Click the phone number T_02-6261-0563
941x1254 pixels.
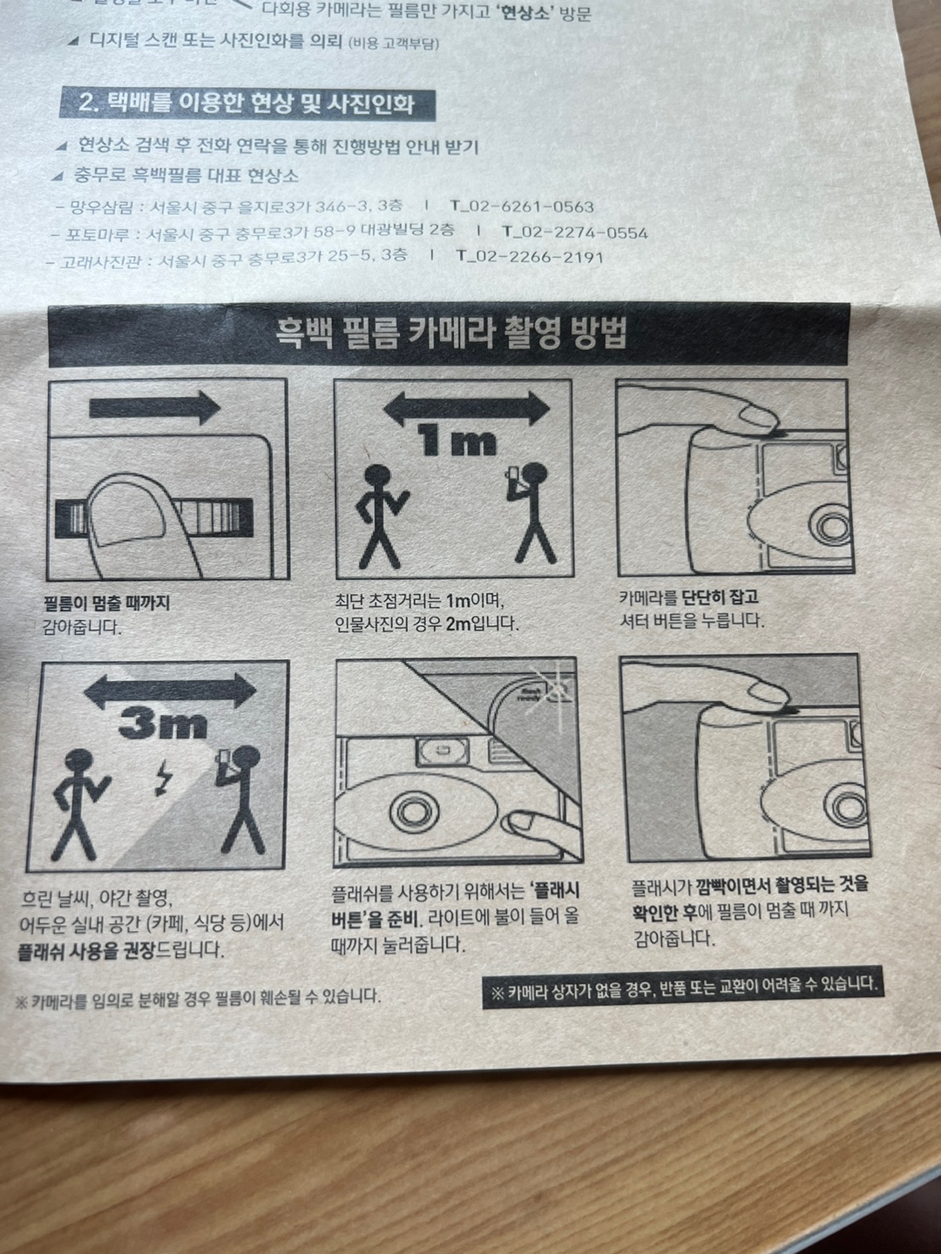pyautogui.click(x=522, y=206)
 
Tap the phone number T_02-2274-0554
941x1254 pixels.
pyautogui.click(x=575, y=233)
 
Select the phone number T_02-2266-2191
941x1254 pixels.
pyautogui.click(x=530, y=257)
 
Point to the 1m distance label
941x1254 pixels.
pyautogui.click(x=457, y=441)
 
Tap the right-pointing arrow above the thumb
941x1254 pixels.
pyautogui.click(x=155, y=408)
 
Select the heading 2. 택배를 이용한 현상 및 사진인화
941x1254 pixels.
pyautogui.click(x=247, y=104)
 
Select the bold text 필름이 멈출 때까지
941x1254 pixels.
pyautogui.click(x=107, y=603)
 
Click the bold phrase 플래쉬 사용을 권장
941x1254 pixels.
pyautogui.click(x=88, y=951)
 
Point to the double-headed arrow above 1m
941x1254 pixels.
pyautogui.click(x=466, y=408)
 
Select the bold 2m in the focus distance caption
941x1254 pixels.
pyautogui.click(x=457, y=624)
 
